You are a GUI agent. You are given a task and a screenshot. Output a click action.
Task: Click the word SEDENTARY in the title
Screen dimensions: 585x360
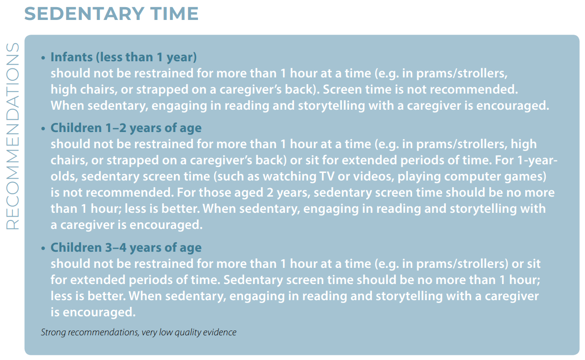[85, 14]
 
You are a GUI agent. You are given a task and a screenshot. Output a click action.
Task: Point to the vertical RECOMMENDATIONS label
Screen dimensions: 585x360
[12, 136]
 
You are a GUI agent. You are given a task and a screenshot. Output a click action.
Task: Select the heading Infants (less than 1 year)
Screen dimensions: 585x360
[123, 57]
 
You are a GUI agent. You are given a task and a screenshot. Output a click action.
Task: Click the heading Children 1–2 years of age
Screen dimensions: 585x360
[126, 128]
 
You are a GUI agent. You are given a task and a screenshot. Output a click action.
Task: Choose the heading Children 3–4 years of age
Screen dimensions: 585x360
[126, 247]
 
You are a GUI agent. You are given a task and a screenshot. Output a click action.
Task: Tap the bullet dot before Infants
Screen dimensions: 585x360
[43, 58]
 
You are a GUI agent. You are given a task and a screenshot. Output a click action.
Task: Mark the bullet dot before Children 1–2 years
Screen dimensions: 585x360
[43, 129]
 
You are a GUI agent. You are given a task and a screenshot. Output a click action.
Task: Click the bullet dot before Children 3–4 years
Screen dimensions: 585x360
[43, 248]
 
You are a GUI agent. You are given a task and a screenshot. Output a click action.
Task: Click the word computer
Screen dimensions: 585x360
[472, 177]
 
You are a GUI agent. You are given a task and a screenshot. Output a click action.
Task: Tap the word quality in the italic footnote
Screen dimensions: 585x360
[188, 332]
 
